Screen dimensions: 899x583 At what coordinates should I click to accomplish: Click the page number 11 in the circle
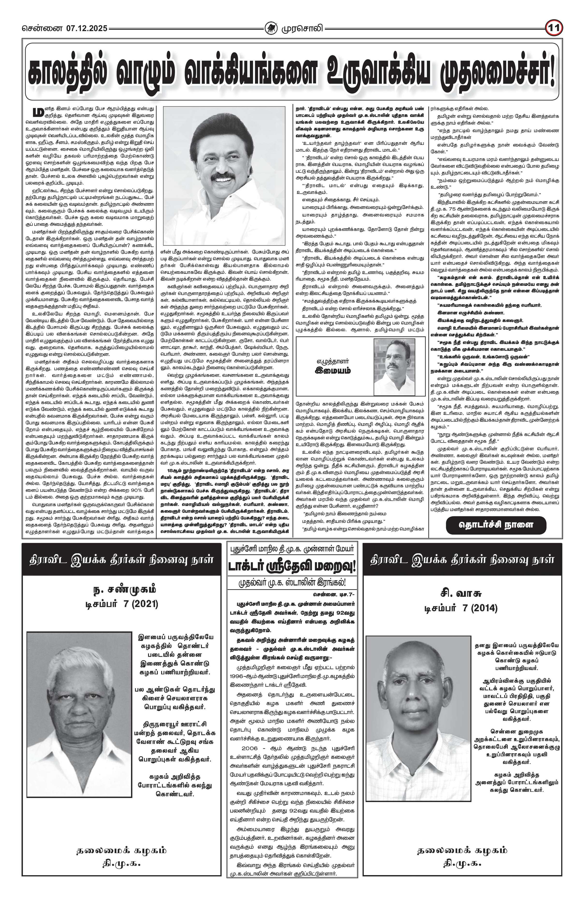pos(554,28)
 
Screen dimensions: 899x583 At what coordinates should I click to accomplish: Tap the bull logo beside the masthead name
pos(270,28)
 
